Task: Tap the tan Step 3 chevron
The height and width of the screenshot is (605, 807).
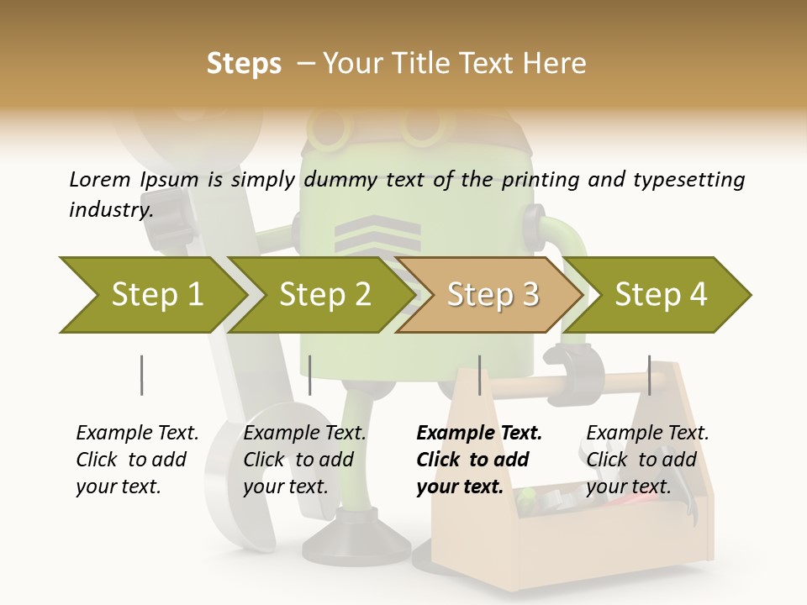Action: point(492,295)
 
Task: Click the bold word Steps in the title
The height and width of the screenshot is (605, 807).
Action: point(244,64)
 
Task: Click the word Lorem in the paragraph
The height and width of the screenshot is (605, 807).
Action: point(99,179)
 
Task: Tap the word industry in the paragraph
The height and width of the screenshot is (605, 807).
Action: point(109,209)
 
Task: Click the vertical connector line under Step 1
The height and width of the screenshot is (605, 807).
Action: point(141,375)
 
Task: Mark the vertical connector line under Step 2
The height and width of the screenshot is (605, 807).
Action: point(310,375)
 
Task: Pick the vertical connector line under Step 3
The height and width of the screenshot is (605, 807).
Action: point(479,375)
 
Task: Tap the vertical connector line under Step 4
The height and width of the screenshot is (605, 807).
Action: point(649,375)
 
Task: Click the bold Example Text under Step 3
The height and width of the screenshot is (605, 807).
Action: point(479,433)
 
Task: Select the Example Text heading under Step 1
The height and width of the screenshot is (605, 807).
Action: point(137,433)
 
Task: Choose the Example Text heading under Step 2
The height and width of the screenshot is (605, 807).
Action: point(304,433)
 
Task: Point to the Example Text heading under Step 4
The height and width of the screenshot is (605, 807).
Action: point(647,433)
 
